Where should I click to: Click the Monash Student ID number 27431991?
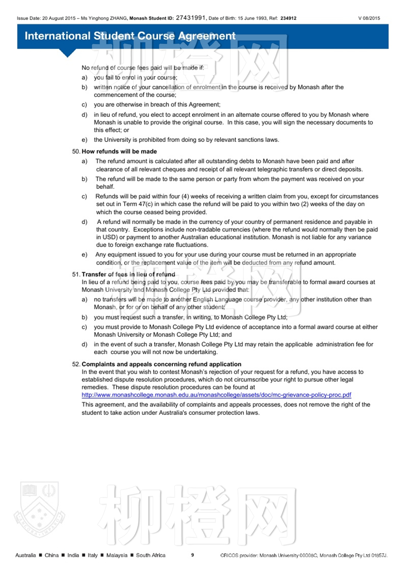click(190, 18)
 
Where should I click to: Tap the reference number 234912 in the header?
click(288, 18)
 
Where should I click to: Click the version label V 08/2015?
click(369, 18)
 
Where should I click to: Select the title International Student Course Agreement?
click(130, 36)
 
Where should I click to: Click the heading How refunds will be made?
click(119, 151)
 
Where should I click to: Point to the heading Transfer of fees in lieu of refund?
click(128, 274)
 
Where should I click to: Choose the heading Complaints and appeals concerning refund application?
click(161, 364)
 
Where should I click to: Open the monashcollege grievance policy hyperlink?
click(216, 395)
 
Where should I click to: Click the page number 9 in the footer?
click(192, 555)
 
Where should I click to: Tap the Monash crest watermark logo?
click(39, 510)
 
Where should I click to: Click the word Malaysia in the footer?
click(117, 555)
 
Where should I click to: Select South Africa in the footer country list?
click(150, 555)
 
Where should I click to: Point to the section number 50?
click(76, 151)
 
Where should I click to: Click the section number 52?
click(76, 364)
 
